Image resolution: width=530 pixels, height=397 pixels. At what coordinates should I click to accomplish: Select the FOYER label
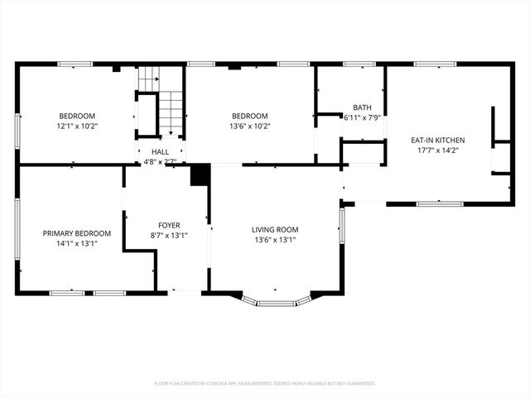pyautogui.click(x=169, y=225)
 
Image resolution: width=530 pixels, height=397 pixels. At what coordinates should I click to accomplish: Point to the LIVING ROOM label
pyautogui.click(x=275, y=229)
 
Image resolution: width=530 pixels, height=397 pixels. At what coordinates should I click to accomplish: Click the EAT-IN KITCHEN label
pyautogui.click(x=438, y=140)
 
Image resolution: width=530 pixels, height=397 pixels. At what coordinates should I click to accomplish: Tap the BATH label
pyautogui.click(x=362, y=108)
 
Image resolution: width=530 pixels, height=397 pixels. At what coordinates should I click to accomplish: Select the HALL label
pyautogui.click(x=160, y=152)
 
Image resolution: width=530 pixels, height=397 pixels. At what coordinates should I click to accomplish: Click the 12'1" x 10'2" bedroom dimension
pyautogui.click(x=76, y=127)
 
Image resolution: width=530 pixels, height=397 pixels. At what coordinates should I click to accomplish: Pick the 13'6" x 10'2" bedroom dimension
pyautogui.click(x=249, y=127)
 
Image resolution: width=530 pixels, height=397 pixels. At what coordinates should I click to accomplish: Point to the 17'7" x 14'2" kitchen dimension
pyautogui.click(x=438, y=151)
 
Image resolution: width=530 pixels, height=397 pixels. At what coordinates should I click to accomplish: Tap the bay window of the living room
pyautogui.click(x=276, y=303)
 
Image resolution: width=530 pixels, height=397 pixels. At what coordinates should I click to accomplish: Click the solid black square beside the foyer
pyautogui.click(x=199, y=175)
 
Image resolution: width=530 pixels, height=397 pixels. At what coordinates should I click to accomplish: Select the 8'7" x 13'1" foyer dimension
pyautogui.click(x=169, y=235)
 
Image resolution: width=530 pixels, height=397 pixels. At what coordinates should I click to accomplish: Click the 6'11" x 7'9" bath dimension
pyautogui.click(x=362, y=117)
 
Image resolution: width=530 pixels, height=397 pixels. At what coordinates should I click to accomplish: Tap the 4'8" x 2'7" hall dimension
pyautogui.click(x=160, y=162)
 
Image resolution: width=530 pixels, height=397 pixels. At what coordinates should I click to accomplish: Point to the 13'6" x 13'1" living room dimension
pyautogui.click(x=275, y=240)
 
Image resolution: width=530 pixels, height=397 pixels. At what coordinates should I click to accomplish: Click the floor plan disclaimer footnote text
pyautogui.click(x=265, y=384)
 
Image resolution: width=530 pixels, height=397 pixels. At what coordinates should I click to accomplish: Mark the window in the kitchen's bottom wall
pyautogui.click(x=439, y=203)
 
